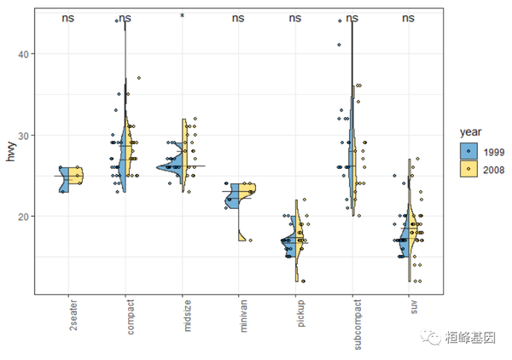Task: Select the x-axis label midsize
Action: (182, 315)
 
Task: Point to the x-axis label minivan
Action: (239, 315)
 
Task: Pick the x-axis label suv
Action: (409, 308)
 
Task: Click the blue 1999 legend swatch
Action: (468, 151)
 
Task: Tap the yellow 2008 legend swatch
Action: (468, 169)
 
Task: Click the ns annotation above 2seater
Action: (68, 17)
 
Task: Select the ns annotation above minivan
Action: (239, 17)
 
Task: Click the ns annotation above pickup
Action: (295, 17)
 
